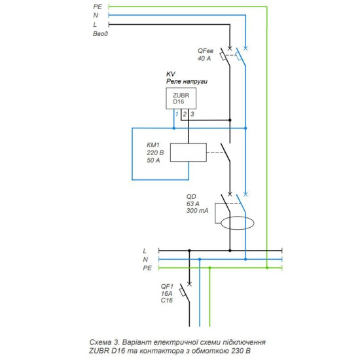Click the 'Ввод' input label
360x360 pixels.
(100, 34)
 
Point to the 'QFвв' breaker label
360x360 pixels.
(206, 51)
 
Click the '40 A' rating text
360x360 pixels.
(204, 58)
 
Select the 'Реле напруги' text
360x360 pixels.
(187, 81)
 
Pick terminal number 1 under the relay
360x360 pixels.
(177, 114)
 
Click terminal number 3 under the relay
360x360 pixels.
(192, 114)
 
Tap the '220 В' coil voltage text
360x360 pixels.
(155, 153)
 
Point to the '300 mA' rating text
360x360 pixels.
(198, 211)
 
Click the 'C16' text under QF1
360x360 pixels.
(167, 300)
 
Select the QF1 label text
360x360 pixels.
(167, 286)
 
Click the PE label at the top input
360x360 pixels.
(98, 7)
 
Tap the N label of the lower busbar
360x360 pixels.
(145, 259)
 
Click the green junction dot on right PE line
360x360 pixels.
(267, 268)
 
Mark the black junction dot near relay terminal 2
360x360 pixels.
(230, 120)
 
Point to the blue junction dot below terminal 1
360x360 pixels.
(174, 128)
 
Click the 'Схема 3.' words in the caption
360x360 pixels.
(103, 342)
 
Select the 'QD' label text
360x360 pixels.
(191, 197)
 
